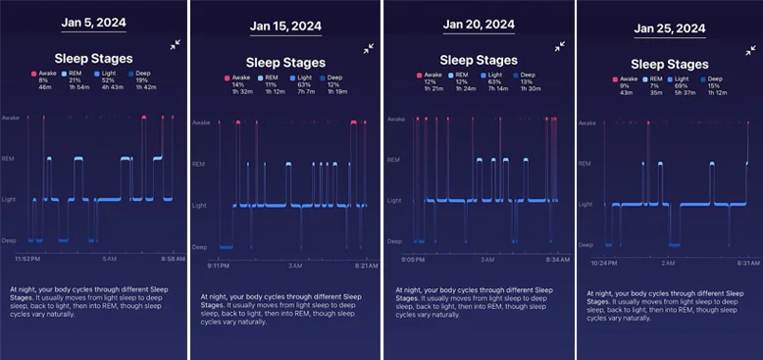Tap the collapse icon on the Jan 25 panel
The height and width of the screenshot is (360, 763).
click(748, 48)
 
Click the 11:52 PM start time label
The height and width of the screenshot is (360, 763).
click(26, 258)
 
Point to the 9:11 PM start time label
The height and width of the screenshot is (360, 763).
click(218, 265)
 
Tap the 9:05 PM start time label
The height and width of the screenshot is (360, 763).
click(412, 260)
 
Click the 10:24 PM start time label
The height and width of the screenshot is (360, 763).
click(606, 263)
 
